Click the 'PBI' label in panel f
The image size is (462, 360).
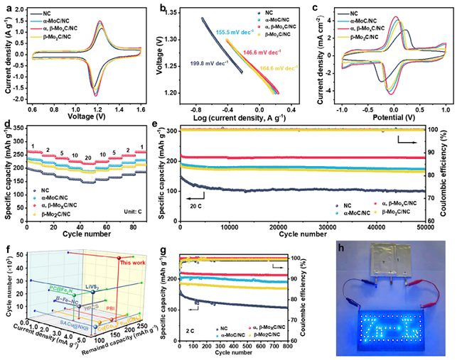(131, 310)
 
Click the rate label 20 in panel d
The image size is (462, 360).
(87, 157)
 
